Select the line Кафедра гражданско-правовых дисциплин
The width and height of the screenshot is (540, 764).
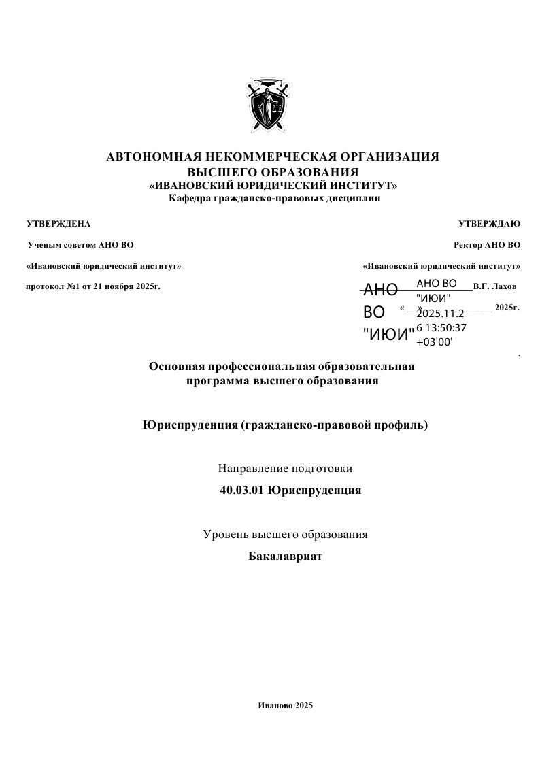[274, 199]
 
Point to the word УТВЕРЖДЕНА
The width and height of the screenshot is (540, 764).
[58, 223]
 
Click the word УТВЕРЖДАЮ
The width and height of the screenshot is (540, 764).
[490, 223]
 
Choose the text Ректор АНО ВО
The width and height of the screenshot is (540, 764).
[487, 244]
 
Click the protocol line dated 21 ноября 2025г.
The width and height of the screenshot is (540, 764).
[93, 286]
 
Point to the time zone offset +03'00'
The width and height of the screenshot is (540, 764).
[434, 342]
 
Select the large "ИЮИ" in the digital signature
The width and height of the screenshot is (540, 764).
[388, 334]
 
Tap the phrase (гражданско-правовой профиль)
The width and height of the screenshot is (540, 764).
[334, 426]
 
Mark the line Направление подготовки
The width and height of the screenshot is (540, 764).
[285, 468]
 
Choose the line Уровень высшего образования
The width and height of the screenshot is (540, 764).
[285, 534]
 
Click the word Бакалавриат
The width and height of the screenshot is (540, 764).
[285, 557]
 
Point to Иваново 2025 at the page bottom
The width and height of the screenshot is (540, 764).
[285, 705]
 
